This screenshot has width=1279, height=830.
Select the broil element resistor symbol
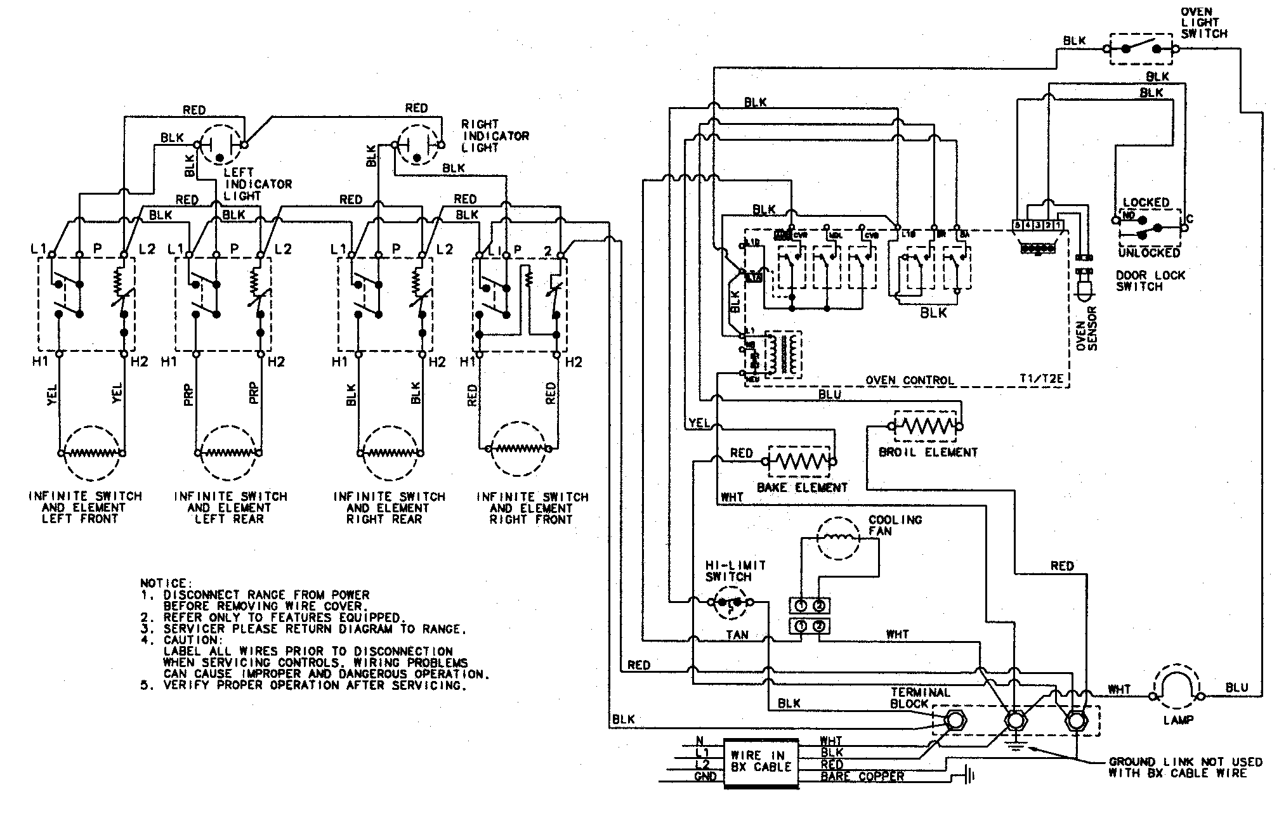(926, 427)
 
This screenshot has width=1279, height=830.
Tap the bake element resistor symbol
(799, 462)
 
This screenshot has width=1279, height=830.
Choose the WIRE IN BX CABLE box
(761, 762)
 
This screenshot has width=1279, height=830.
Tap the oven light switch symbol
(1140, 49)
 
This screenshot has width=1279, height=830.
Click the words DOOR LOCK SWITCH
(1150, 281)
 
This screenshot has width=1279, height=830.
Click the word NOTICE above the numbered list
(163, 583)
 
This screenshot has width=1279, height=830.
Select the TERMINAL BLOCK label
(919, 698)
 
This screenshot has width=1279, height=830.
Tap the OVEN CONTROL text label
(909, 380)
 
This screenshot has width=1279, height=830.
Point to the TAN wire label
(737, 635)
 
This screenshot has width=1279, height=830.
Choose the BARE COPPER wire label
(862, 777)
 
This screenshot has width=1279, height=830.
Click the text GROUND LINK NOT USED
(1185, 762)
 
